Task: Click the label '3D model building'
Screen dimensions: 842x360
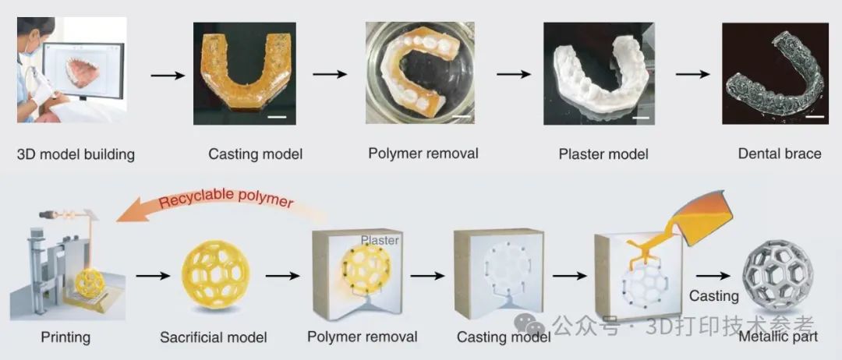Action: (76, 154)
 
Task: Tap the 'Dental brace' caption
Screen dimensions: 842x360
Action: (779, 154)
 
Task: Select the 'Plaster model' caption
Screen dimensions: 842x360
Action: (603, 154)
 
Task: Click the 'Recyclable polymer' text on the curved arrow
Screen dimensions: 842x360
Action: (226, 199)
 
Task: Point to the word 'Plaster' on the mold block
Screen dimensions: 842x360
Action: (380, 240)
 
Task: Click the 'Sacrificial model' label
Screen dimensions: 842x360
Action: (213, 337)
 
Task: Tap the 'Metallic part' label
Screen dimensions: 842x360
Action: (779, 337)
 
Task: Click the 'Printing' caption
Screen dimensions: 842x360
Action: (65, 337)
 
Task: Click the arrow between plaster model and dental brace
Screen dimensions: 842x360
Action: (693, 75)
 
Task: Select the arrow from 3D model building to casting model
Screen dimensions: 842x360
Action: (167, 76)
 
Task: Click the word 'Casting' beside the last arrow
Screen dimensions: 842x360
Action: (713, 296)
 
